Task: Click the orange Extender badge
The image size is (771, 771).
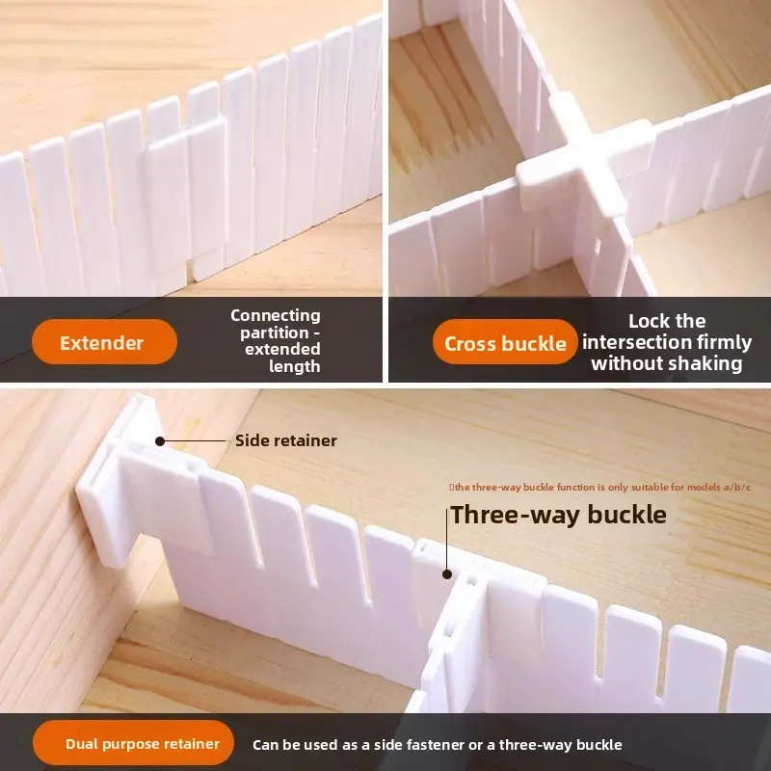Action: pyautogui.click(x=104, y=342)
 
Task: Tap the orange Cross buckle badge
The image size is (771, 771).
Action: pyautogui.click(x=505, y=342)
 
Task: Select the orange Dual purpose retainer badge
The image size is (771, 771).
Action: pyautogui.click(x=133, y=743)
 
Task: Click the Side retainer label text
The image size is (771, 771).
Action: pyautogui.click(x=285, y=440)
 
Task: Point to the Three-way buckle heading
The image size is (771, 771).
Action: pyautogui.click(x=559, y=515)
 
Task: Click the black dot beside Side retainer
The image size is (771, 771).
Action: pyautogui.click(x=160, y=441)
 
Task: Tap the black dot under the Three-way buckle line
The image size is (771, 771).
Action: pyautogui.click(x=447, y=573)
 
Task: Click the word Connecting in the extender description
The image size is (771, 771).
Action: pyautogui.click(x=276, y=315)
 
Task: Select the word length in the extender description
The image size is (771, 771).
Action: pyautogui.click(x=295, y=366)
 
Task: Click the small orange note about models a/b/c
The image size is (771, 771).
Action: pyautogui.click(x=599, y=488)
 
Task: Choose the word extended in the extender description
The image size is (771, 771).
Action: pyautogui.click(x=282, y=349)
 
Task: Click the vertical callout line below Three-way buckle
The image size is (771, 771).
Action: pyautogui.click(x=447, y=540)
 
